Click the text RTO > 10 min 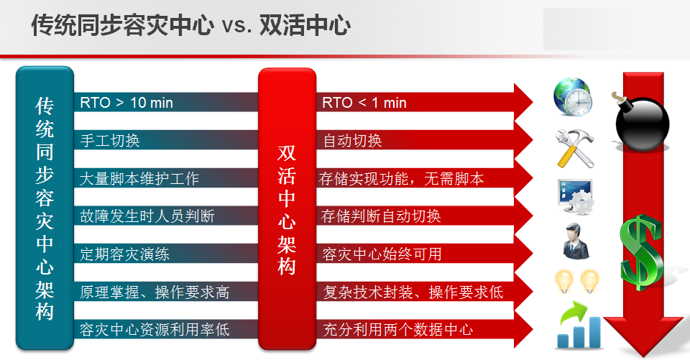click(x=126, y=103)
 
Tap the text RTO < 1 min click(x=364, y=103)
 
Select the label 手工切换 click(x=110, y=141)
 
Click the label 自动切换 click(x=352, y=141)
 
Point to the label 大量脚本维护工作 click(x=139, y=179)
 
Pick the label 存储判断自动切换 click(x=381, y=216)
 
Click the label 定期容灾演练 click(x=124, y=254)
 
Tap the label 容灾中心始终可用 click(x=382, y=254)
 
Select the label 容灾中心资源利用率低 click(x=155, y=330)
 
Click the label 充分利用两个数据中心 click(x=397, y=330)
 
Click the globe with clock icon click(x=573, y=97)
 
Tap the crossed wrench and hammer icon click(x=575, y=149)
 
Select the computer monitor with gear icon click(x=576, y=197)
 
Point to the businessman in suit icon click(x=575, y=241)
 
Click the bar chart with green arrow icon click(x=578, y=325)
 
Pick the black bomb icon click(x=641, y=121)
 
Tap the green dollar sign click(x=641, y=252)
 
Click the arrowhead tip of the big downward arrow click(x=644, y=356)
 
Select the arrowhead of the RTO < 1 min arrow click(x=524, y=103)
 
